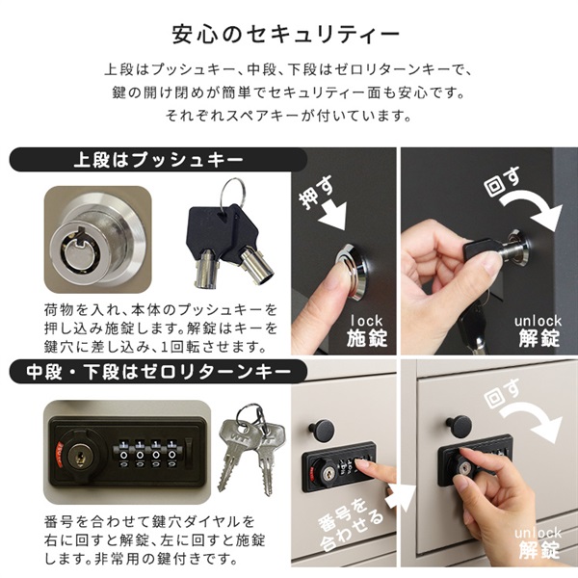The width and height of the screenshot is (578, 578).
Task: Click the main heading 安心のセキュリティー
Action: pyautogui.click(x=286, y=35)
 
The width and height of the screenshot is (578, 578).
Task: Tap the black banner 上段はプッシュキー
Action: pyautogui.click(x=158, y=160)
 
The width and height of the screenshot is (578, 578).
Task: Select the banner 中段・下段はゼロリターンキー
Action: pyautogui.click(x=158, y=372)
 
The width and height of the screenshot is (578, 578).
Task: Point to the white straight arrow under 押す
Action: pyautogui.click(x=332, y=215)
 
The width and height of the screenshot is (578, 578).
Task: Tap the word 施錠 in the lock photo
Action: pyautogui.click(x=367, y=338)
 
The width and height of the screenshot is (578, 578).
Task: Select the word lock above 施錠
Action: pyautogui.click(x=367, y=321)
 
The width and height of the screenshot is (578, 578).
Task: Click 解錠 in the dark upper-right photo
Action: pyautogui.click(x=539, y=338)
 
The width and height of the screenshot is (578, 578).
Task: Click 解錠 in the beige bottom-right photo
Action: pyautogui.click(x=539, y=549)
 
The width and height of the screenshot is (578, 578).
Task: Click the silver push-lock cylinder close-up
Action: pyautogui.click(x=97, y=240)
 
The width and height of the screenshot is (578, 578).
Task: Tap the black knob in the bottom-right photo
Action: pyautogui.click(x=459, y=426)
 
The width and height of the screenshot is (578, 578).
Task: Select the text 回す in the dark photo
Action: pyautogui.click(x=502, y=182)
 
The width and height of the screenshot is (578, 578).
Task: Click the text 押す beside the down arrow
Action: pyautogui.click(x=316, y=193)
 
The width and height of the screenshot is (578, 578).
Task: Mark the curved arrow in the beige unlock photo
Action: pyautogui.click(x=531, y=420)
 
